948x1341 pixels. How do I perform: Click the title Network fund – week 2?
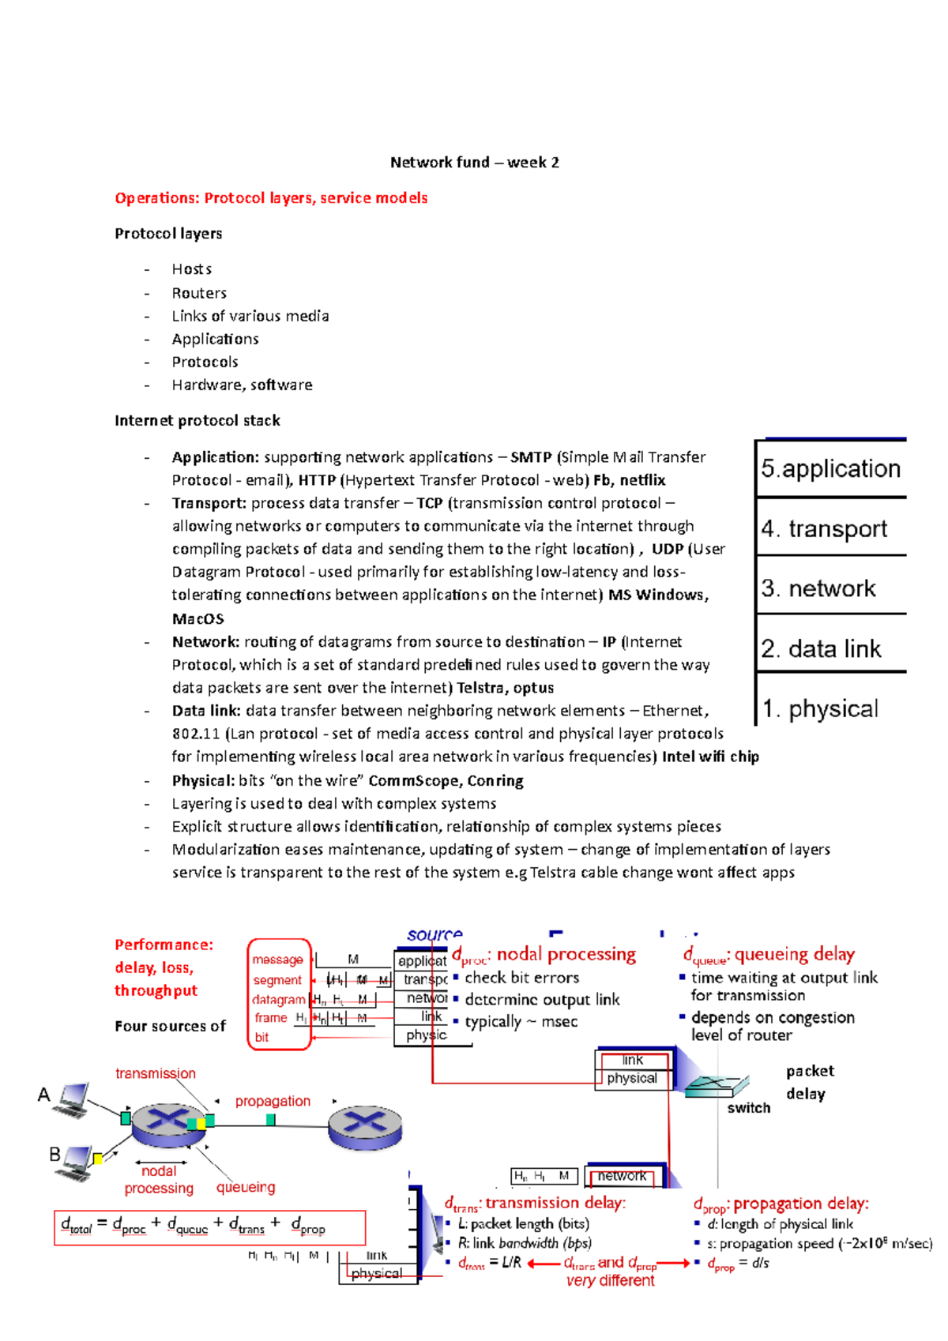[474, 163]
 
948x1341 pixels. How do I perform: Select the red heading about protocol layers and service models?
[271, 198]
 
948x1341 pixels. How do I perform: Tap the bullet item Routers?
[199, 293]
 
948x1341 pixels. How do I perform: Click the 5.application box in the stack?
[830, 468]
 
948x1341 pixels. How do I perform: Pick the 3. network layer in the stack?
[818, 588]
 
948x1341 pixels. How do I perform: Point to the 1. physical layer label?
[820, 708]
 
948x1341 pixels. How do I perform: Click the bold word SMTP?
[531, 457]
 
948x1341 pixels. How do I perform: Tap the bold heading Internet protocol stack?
[197, 421]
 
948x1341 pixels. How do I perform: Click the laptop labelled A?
[71, 1099]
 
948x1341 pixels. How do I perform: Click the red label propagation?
[273, 1101]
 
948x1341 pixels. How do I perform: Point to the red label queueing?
[246, 1187]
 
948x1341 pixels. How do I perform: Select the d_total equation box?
[209, 1227]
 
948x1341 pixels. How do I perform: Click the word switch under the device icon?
[748, 1108]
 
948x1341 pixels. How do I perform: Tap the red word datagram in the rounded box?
[278, 999]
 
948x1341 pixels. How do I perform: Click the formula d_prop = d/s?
[738, 1264]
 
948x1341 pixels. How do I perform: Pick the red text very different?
[610, 1281]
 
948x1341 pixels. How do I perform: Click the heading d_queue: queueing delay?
[769, 955]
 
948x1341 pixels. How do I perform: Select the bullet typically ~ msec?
[521, 1022]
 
